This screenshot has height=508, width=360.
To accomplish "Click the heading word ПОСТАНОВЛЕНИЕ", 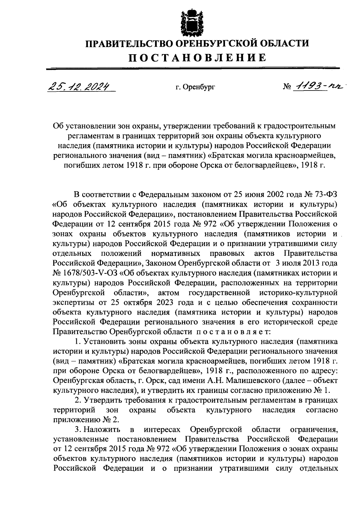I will (197, 58).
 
